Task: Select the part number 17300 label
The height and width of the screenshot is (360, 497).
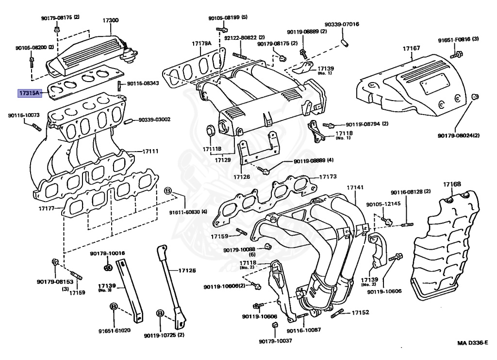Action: (110, 20)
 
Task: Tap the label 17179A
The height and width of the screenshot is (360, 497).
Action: (201, 44)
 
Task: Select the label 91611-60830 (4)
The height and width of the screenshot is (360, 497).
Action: (188, 212)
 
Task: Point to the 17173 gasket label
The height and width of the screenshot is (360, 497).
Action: (327, 177)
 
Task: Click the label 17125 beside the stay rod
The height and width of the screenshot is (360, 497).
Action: (187, 270)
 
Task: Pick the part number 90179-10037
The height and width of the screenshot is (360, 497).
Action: (275, 341)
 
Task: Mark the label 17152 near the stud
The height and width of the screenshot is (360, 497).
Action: (361, 313)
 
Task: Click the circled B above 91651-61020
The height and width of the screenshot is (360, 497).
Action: (114, 306)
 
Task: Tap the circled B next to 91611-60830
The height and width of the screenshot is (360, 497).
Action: (168, 190)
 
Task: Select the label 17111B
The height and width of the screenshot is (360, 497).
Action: (212, 148)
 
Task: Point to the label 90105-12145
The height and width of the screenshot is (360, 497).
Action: (383, 205)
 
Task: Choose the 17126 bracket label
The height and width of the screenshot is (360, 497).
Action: (241, 177)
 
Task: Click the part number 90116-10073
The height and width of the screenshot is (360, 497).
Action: (24, 116)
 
